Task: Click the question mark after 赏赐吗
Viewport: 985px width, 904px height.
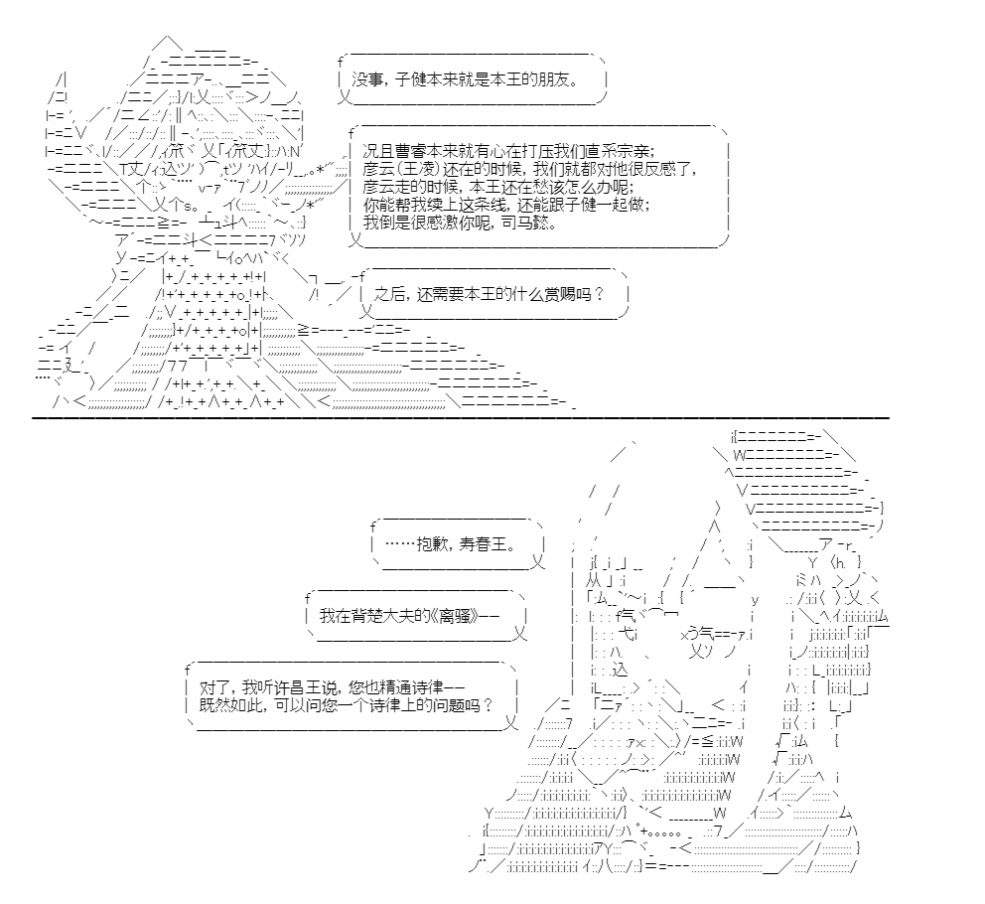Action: click(x=599, y=294)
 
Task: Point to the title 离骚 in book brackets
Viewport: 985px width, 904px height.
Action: click(x=455, y=616)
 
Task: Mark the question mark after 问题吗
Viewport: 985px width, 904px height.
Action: click(x=489, y=705)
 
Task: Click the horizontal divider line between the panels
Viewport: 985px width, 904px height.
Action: click(x=461, y=417)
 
